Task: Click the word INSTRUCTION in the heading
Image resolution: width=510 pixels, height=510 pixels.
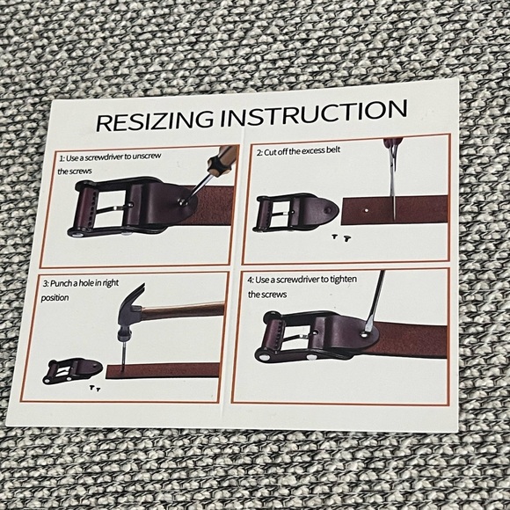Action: (310, 113)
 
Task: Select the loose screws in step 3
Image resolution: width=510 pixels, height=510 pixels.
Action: (93, 387)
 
